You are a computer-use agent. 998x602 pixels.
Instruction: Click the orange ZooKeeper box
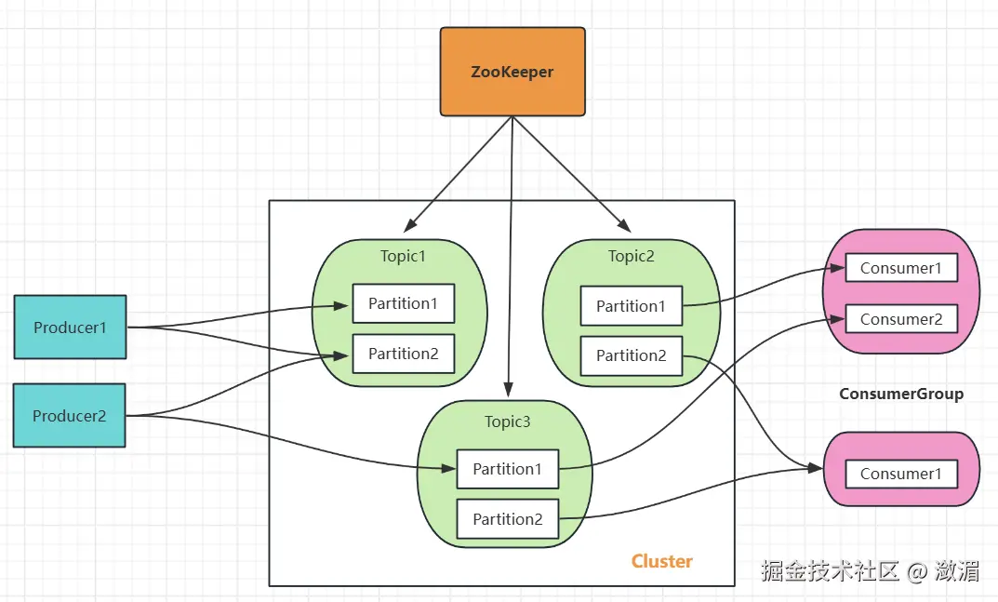(x=512, y=72)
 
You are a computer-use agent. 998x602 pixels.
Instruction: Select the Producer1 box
(x=70, y=328)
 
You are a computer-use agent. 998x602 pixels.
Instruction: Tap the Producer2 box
(x=70, y=416)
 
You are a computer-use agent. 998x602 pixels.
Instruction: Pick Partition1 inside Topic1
(x=403, y=303)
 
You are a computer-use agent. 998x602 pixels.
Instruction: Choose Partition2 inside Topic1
(x=403, y=354)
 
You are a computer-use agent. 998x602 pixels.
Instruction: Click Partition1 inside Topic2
(x=631, y=306)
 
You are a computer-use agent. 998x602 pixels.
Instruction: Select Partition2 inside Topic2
(x=631, y=355)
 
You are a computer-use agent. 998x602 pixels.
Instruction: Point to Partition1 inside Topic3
(x=507, y=469)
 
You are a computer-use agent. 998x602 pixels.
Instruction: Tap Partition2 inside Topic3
(x=507, y=519)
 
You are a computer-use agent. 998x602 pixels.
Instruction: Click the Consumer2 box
(x=900, y=319)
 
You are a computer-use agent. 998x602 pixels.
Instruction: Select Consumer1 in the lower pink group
(x=900, y=474)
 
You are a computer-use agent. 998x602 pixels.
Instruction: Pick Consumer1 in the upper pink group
(x=900, y=268)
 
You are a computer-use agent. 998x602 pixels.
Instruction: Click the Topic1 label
(x=403, y=256)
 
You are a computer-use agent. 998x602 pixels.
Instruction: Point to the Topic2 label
(x=631, y=256)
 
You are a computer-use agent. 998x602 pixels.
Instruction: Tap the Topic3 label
(x=507, y=421)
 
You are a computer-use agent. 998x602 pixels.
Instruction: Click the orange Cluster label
(x=661, y=561)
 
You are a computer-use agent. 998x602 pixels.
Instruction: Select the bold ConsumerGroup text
(x=900, y=394)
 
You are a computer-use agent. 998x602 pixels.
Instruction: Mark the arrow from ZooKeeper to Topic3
(x=510, y=279)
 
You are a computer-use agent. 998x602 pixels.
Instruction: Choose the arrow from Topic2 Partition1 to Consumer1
(x=763, y=284)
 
